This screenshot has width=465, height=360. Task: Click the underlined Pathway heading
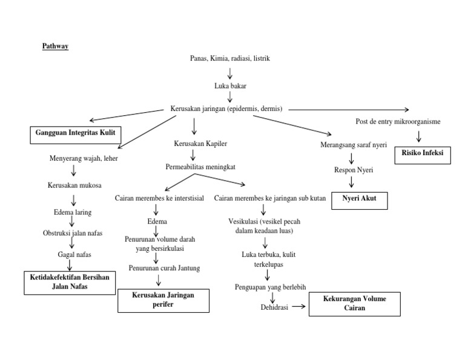click(x=55, y=46)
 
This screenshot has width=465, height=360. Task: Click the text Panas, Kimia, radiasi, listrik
click(x=229, y=59)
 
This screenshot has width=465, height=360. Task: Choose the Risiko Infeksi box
click(x=423, y=153)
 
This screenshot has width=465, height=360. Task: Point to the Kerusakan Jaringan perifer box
click(x=163, y=300)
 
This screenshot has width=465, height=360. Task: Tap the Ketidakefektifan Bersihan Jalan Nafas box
click(x=70, y=282)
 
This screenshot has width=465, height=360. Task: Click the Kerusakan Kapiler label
click(x=193, y=145)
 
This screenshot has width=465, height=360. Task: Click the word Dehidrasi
click(x=270, y=307)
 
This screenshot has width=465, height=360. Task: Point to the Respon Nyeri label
click(x=354, y=170)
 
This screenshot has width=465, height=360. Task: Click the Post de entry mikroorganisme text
click(x=398, y=122)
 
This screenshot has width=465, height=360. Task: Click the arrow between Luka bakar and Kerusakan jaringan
click(x=229, y=97)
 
